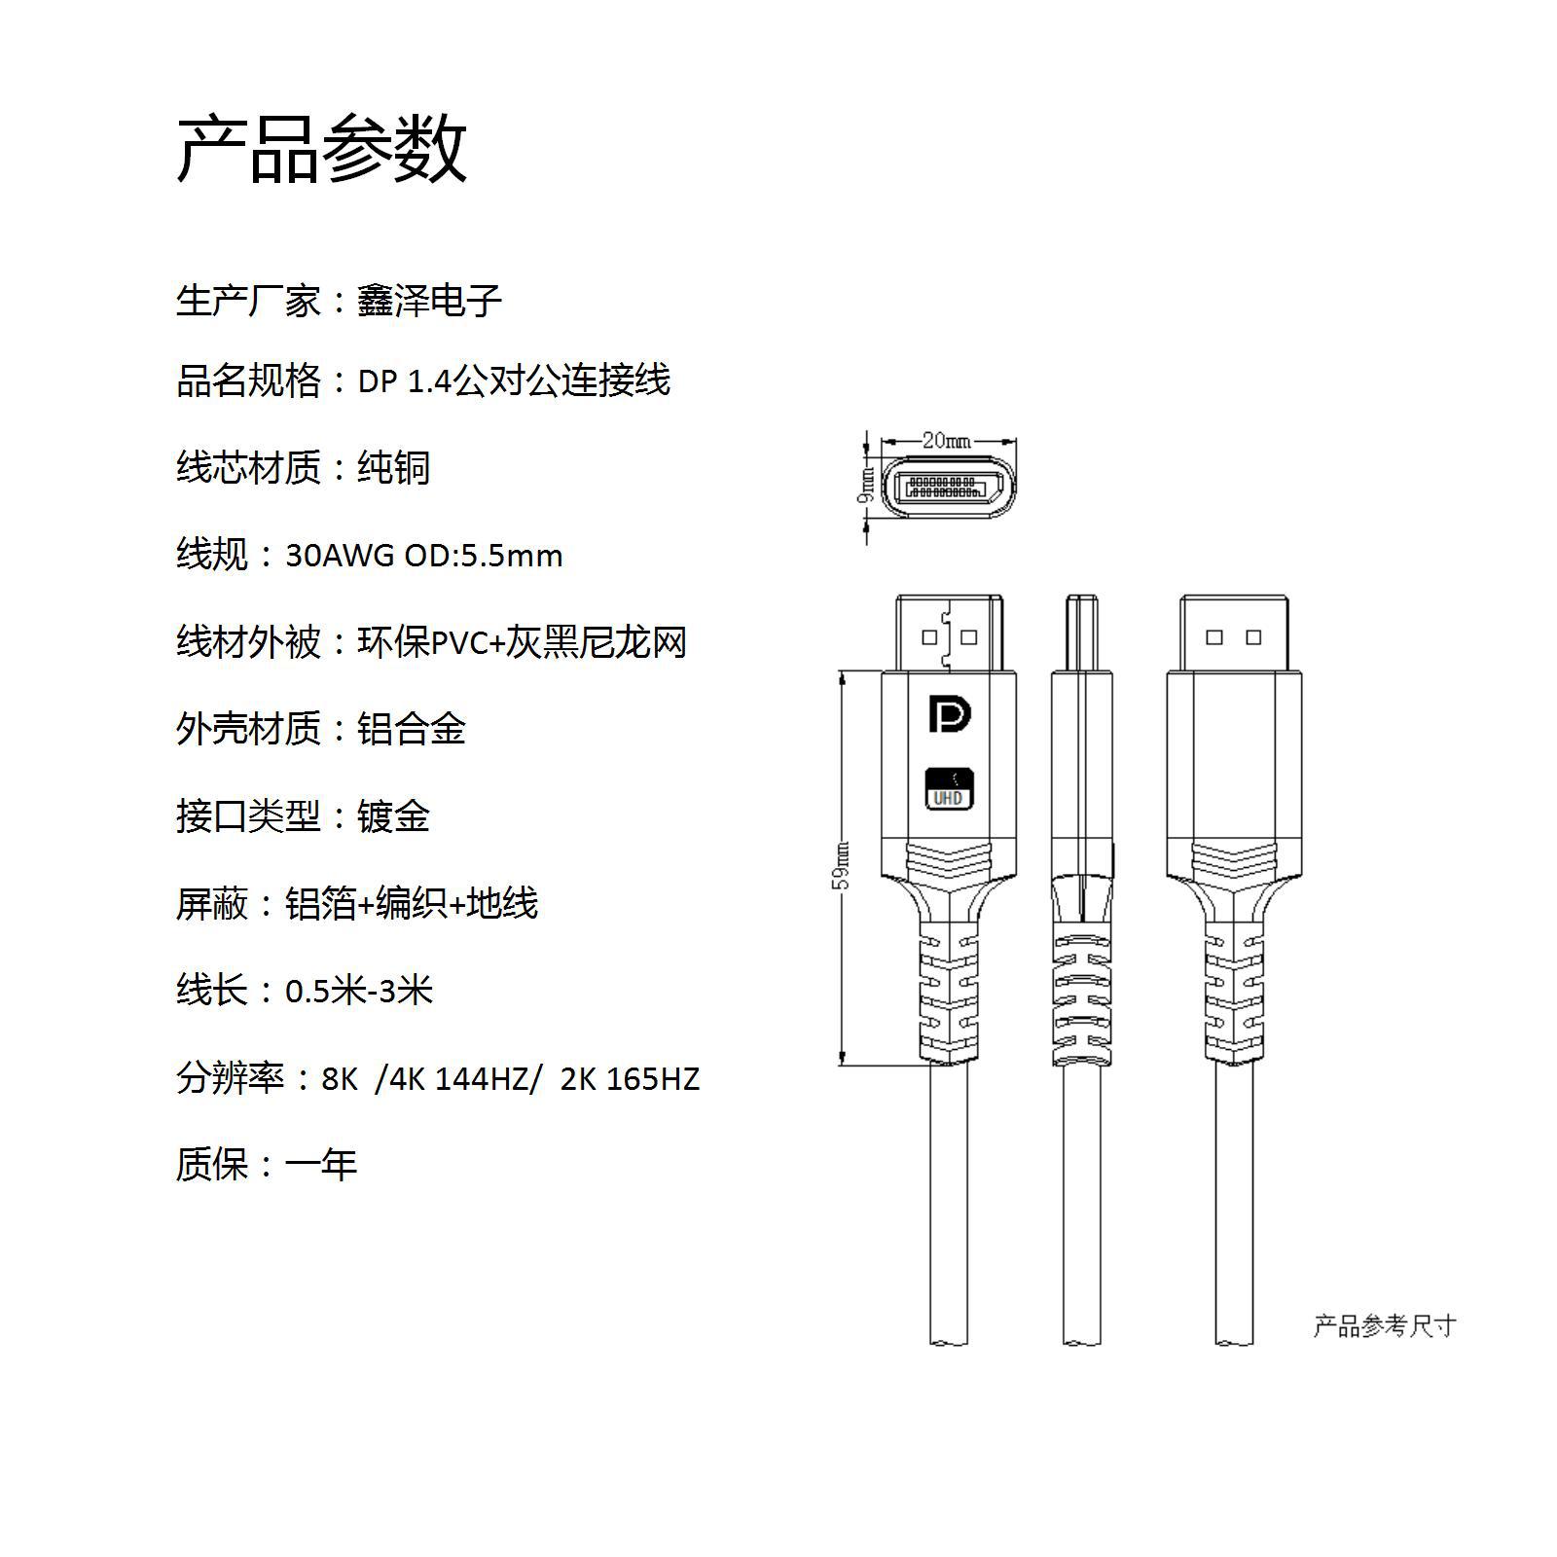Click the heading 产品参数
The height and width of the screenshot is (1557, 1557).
pos(322,149)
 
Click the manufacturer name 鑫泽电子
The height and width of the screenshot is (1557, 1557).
pos(429,301)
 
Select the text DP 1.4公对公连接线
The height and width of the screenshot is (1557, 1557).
pos(514,380)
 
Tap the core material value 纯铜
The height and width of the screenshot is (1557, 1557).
pos(393,468)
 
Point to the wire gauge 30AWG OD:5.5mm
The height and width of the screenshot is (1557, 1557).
pos(423,556)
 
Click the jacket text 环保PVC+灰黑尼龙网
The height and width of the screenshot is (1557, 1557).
pos(522,642)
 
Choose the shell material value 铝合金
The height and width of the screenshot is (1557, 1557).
pos(412,729)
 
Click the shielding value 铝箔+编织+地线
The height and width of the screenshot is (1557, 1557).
pos(412,904)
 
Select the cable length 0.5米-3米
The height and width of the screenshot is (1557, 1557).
pos(358,991)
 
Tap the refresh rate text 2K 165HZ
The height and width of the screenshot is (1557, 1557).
pos(630,1078)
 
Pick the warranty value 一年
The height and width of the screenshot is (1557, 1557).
pos(321,1165)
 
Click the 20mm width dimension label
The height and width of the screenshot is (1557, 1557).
pos(946,441)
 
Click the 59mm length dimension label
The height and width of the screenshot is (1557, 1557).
pos(843,866)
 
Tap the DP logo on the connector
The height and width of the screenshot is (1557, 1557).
pos(949,713)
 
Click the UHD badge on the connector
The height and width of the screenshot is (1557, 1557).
pos(949,788)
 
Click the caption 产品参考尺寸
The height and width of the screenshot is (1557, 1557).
pos(1384,1325)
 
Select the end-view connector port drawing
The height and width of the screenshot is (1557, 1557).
pos(949,487)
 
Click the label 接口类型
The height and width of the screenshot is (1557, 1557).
pos(248,816)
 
